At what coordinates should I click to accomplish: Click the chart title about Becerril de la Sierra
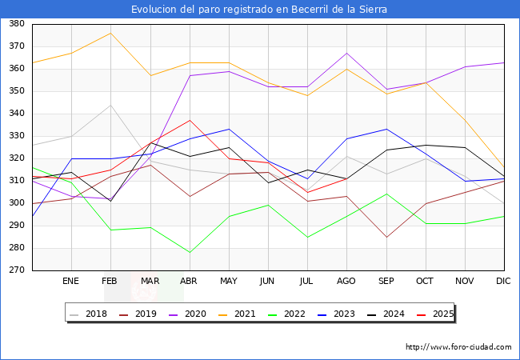click(260, 10)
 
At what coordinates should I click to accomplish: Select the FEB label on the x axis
click(110, 282)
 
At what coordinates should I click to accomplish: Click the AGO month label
click(346, 282)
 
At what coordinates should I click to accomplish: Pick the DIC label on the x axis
click(503, 282)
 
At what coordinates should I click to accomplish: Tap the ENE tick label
click(71, 282)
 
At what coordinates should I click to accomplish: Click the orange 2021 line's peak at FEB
click(110, 33)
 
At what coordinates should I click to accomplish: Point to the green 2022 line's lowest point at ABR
click(189, 253)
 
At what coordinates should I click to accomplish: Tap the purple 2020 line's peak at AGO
click(346, 53)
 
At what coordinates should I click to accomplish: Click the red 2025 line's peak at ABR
click(189, 120)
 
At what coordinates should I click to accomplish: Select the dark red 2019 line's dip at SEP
click(386, 237)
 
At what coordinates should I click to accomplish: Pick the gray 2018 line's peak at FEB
click(110, 105)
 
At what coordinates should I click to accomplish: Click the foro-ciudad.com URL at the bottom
click(458, 347)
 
